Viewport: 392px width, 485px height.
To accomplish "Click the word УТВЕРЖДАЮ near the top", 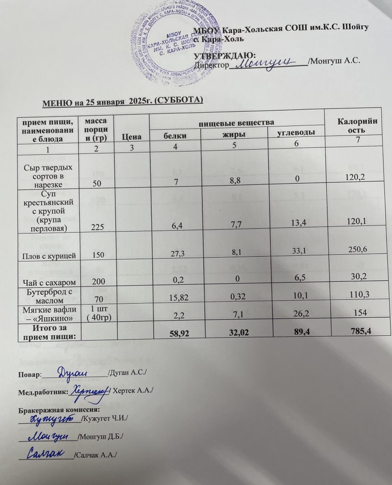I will point(225,55).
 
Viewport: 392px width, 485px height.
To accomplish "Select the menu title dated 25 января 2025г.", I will point(123,101).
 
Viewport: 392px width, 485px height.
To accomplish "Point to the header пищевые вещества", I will point(236,122).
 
